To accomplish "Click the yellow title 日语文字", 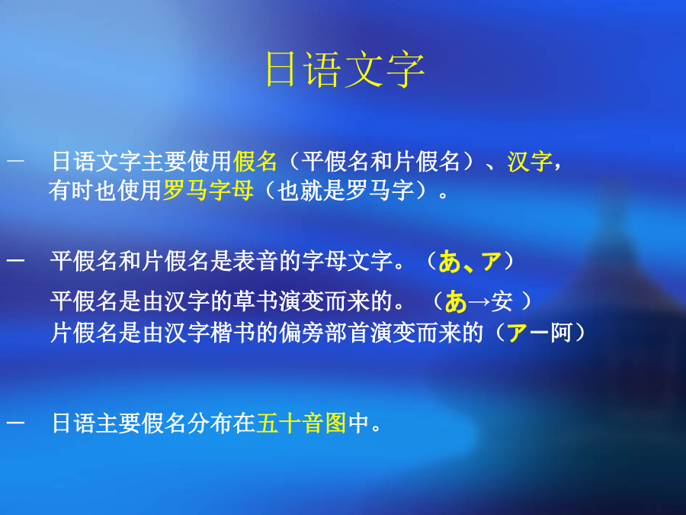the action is pos(345,69).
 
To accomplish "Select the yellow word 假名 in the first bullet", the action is pos(255,161).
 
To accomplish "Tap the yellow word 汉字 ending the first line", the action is pos(530,161).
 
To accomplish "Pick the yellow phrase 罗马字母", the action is pos(208,191).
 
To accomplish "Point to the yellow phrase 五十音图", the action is pos(301,423).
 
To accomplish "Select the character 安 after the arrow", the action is pos(502,301).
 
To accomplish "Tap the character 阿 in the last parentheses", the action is pos(561,333).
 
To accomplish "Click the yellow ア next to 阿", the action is pos(517,333).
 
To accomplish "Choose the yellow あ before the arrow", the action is pos(456,301).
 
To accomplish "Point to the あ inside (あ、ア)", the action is pos(450,262).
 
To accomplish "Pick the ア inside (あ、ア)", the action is pos(491,262).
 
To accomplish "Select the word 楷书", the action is pos(232,333).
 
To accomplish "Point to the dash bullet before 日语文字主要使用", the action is pos(15,160).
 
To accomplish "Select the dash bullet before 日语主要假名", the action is pos(15,423).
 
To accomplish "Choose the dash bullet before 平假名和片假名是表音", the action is pos(15,261).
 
